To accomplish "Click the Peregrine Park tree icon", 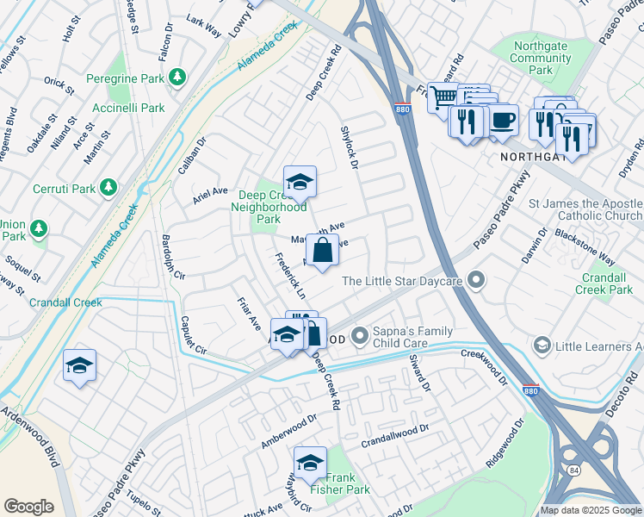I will click(x=178, y=78).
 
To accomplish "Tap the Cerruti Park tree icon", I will click(x=108, y=187).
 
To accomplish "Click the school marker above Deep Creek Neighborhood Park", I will click(x=300, y=182).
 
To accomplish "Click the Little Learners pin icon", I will click(x=542, y=346).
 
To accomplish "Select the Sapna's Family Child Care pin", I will click(x=361, y=333).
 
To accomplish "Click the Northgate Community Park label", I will click(x=541, y=58).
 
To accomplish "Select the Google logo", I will click(x=28, y=507).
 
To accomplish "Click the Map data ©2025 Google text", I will click(x=591, y=510).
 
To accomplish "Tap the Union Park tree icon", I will click(x=38, y=228).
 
